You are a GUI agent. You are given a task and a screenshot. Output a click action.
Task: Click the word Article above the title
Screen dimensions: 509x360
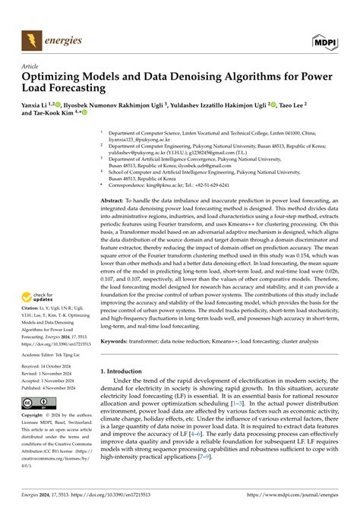pyautogui.click(x=33, y=67)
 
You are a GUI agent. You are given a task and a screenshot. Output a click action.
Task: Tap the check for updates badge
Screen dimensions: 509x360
pyautogui.click(x=45, y=299)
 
